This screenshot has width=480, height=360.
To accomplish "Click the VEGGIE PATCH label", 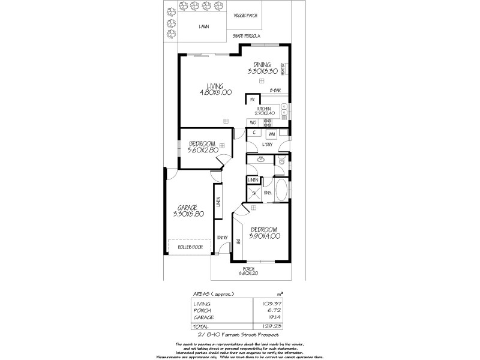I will [x=260, y=17].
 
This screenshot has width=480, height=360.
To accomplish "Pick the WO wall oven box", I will [x=253, y=122].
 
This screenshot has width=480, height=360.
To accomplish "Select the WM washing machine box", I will [x=271, y=133].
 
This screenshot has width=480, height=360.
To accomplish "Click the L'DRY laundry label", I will [x=267, y=146].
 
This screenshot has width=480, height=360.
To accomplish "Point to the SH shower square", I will [x=253, y=193].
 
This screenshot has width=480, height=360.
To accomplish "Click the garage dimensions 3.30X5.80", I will [x=188, y=214].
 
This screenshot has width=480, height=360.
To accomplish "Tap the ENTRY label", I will [x=222, y=238].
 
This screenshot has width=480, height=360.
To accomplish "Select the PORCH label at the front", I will [x=248, y=268].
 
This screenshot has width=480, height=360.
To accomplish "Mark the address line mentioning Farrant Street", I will [x=238, y=333].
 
